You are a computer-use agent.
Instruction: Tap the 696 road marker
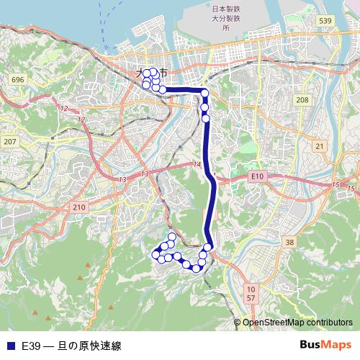(18, 79)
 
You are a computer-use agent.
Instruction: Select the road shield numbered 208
(302, 99)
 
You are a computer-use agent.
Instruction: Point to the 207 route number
(9, 142)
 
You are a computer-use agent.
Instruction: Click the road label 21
(319, 146)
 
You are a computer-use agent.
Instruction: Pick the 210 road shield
(78, 207)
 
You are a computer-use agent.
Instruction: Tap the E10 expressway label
(259, 176)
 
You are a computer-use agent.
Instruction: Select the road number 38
(289, 243)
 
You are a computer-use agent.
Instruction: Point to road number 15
(335, 185)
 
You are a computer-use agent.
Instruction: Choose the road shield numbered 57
(251, 297)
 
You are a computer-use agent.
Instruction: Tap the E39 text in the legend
(30, 346)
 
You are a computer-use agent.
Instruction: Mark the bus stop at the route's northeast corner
(204, 93)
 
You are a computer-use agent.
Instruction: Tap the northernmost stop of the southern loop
(172, 237)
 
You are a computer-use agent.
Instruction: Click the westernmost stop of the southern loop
(155, 253)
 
